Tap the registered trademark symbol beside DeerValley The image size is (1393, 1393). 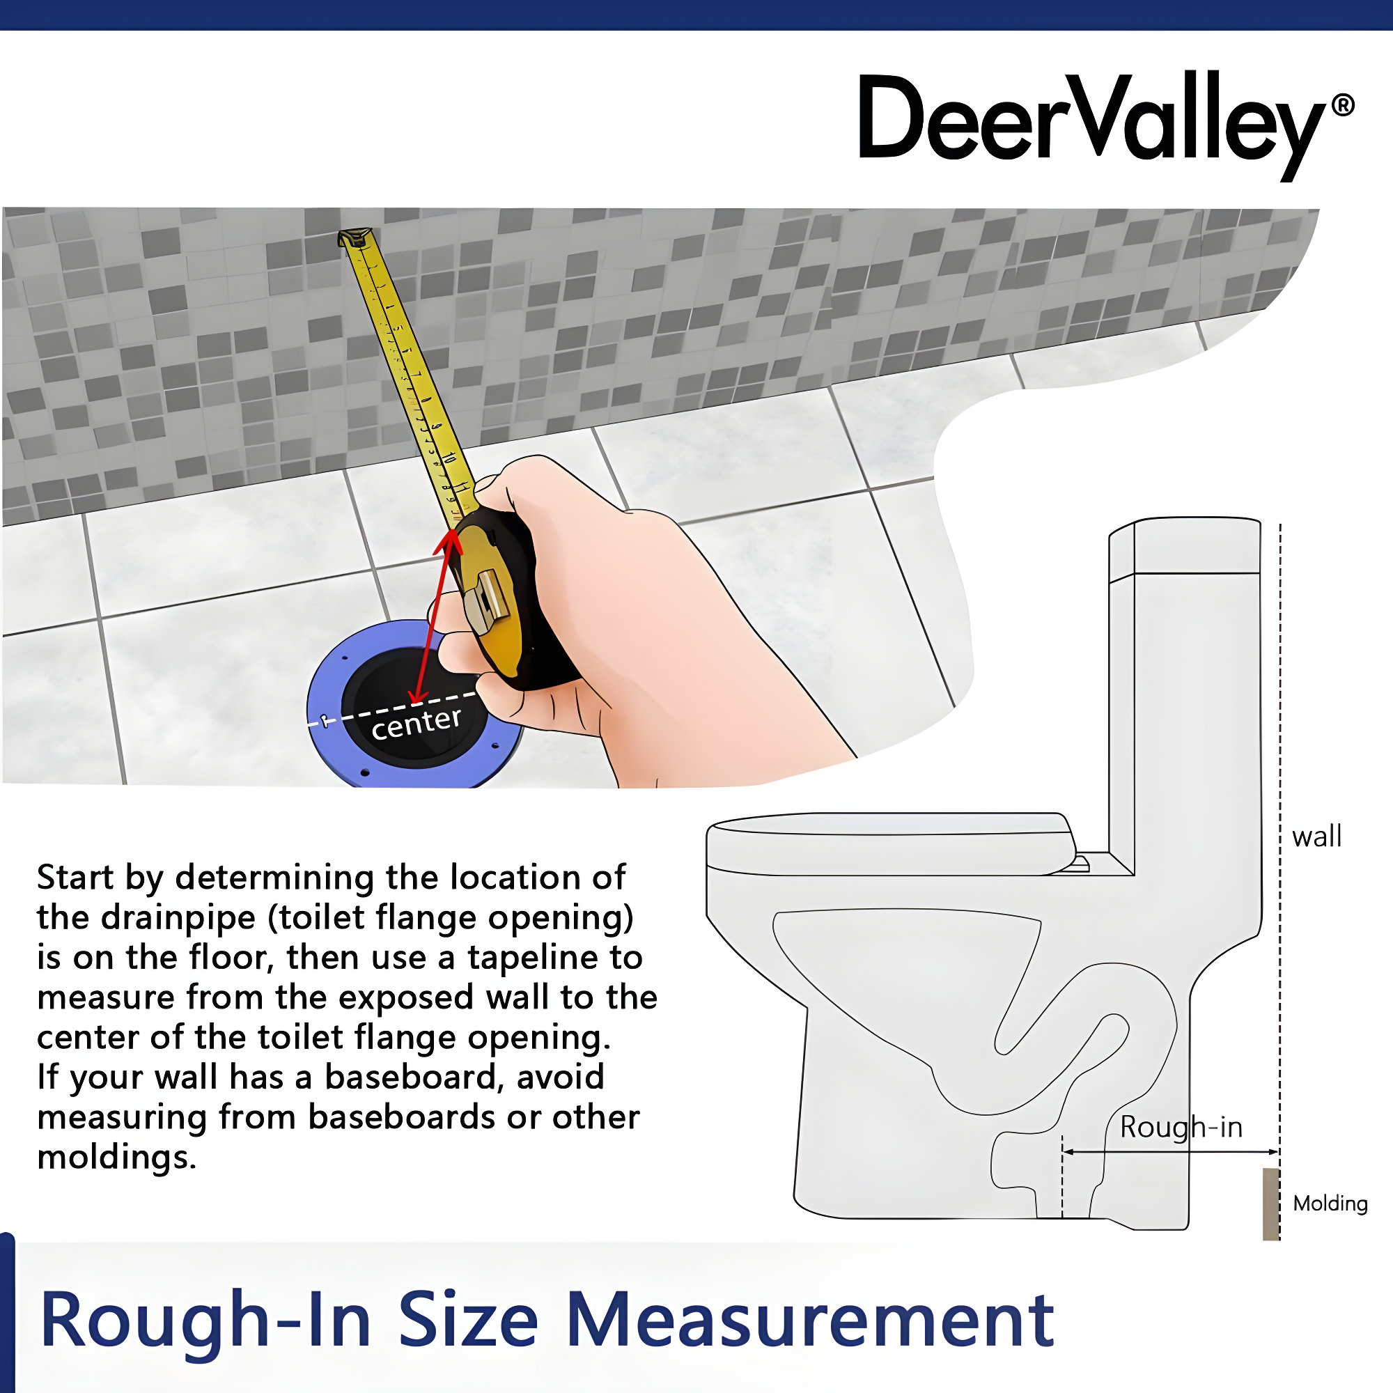tap(1343, 105)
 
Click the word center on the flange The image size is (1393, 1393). tap(416, 723)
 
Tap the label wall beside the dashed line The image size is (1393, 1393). tap(1316, 837)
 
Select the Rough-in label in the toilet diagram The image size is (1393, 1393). tap(1181, 1127)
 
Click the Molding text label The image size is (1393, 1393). tap(1330, 1204)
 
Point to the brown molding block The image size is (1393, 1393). tap(1270, 1204)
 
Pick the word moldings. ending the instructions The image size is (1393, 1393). tap(116, 1157)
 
